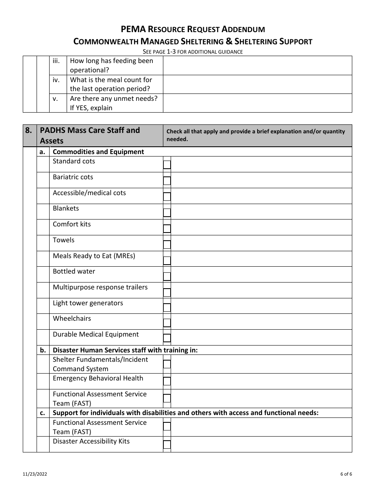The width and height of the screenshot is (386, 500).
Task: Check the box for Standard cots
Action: pyautogui.click(x=167, y=165)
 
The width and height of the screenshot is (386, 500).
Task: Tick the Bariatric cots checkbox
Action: pyautogui.click(x=167, y=181)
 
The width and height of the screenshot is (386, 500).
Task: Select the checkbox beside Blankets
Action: pyautogui.click(x=167, y=212)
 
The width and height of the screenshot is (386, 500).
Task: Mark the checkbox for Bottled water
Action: pyautogui.click(x=167, y=276)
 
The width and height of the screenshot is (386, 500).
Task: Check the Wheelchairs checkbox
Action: pyautogui.click(x=167, y=323)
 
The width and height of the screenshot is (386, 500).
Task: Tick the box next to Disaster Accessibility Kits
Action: pyautogui.click(x=167, y=445)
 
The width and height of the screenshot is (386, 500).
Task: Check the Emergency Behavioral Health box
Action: pyautogui.click(x=167, y=381)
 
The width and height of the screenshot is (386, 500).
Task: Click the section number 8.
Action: pyautogui.click(x=28, y=130)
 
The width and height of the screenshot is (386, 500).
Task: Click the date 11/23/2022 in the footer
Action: pyautogui.click(x=35, y=474)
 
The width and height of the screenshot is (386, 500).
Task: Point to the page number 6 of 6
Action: pyautogui.click(x=346, y=474)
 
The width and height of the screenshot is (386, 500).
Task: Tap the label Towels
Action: pyautogui.click(x=64, y=240)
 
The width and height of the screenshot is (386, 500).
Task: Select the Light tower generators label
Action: pyautogui.click(x=88, y=303)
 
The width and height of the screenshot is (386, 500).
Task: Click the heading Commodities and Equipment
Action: pyautogui.click(x=98, y=152)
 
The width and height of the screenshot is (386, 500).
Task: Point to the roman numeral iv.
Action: pyautogui.click(x=56, y=80)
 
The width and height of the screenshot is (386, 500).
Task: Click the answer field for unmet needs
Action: pyautogui.click(x=257, y=103)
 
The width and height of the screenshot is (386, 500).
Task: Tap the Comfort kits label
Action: pyautogui.click(x=72, y=224)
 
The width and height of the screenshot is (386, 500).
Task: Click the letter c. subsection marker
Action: pyautogui.click(x=43, y=413)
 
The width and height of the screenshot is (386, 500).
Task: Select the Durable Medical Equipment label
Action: pyautogui.click(x=96, y=334)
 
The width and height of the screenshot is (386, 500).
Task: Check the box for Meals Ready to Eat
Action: pyautogui.click(x=167, y=261)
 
